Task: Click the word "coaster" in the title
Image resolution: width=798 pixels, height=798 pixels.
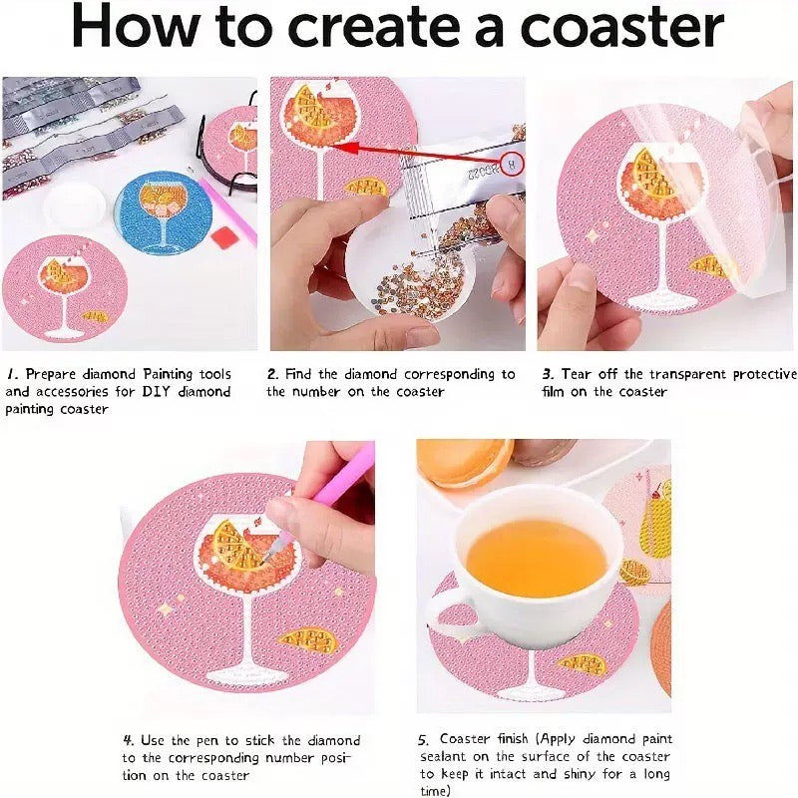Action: click(621, 27)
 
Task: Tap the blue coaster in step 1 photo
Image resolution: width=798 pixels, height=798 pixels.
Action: click(164, 213)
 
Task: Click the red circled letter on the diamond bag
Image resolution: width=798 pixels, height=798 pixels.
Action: click(513, 164)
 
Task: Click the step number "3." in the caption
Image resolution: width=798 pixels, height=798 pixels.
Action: click(547, 374)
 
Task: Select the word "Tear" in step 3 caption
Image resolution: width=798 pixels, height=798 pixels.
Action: click(578, 374)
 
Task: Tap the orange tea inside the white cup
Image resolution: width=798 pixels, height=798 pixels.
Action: click(537, 558)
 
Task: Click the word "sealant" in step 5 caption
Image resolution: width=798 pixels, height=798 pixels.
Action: click(443, 757)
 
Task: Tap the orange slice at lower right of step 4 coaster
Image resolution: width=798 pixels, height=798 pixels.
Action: click(309, 640)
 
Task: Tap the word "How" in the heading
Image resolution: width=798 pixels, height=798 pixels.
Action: click(135, 27)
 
